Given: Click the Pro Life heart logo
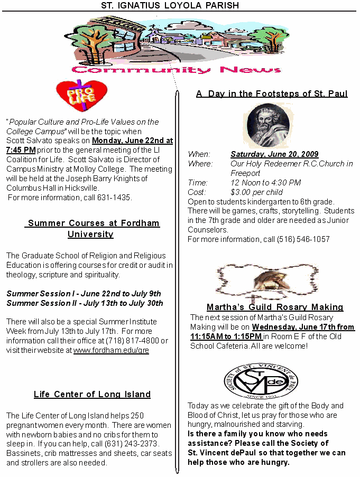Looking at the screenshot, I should [x=78, y=96].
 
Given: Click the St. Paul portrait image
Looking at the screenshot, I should [x=268, y=125].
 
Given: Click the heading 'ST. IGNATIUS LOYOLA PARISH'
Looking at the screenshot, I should [x=170, y=5].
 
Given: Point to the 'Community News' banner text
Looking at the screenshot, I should [x=177, y=70].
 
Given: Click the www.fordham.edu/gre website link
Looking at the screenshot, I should [x=111, y=350].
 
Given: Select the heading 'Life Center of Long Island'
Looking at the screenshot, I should [x=92, y=394].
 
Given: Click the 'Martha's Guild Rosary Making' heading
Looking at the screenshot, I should [x=275, y=307].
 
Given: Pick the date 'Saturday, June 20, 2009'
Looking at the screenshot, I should [x=274, y=154].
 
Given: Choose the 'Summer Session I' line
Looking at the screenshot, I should [x=84, y=294].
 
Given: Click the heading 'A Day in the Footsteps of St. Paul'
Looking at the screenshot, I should [x=272, y=93].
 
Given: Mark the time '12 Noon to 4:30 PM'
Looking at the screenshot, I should [x=266, y=183].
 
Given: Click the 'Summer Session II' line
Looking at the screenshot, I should [x=85, y=303].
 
